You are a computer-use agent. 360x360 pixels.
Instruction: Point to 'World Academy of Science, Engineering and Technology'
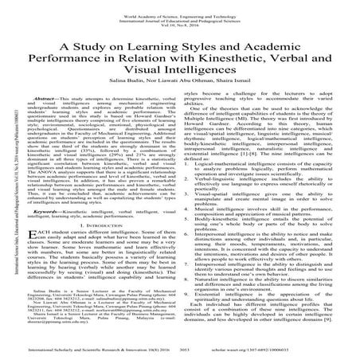181,6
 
